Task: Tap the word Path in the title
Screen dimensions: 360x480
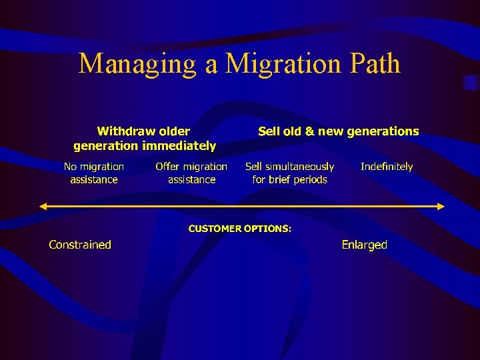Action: (x=373, y=64)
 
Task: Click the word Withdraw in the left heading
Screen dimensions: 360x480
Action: (x=126, y=131)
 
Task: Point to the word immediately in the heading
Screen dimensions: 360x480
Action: (x=178, y=145)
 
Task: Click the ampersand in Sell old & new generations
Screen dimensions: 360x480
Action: (x=309, y=131)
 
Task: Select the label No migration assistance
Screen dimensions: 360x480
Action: (x=94, y=173)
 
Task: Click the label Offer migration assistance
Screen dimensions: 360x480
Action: (x=191, y=173)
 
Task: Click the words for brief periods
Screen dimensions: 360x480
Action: (x=290, y=179)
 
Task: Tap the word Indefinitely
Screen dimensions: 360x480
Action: (x=387, y=167)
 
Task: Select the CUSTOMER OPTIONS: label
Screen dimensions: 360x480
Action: (x=240, y=229)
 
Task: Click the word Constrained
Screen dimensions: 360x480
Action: (x=80, y=245)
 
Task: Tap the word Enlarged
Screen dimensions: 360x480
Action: (x=364, y=245)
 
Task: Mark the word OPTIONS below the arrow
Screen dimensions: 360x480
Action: (x=267, y=229)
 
